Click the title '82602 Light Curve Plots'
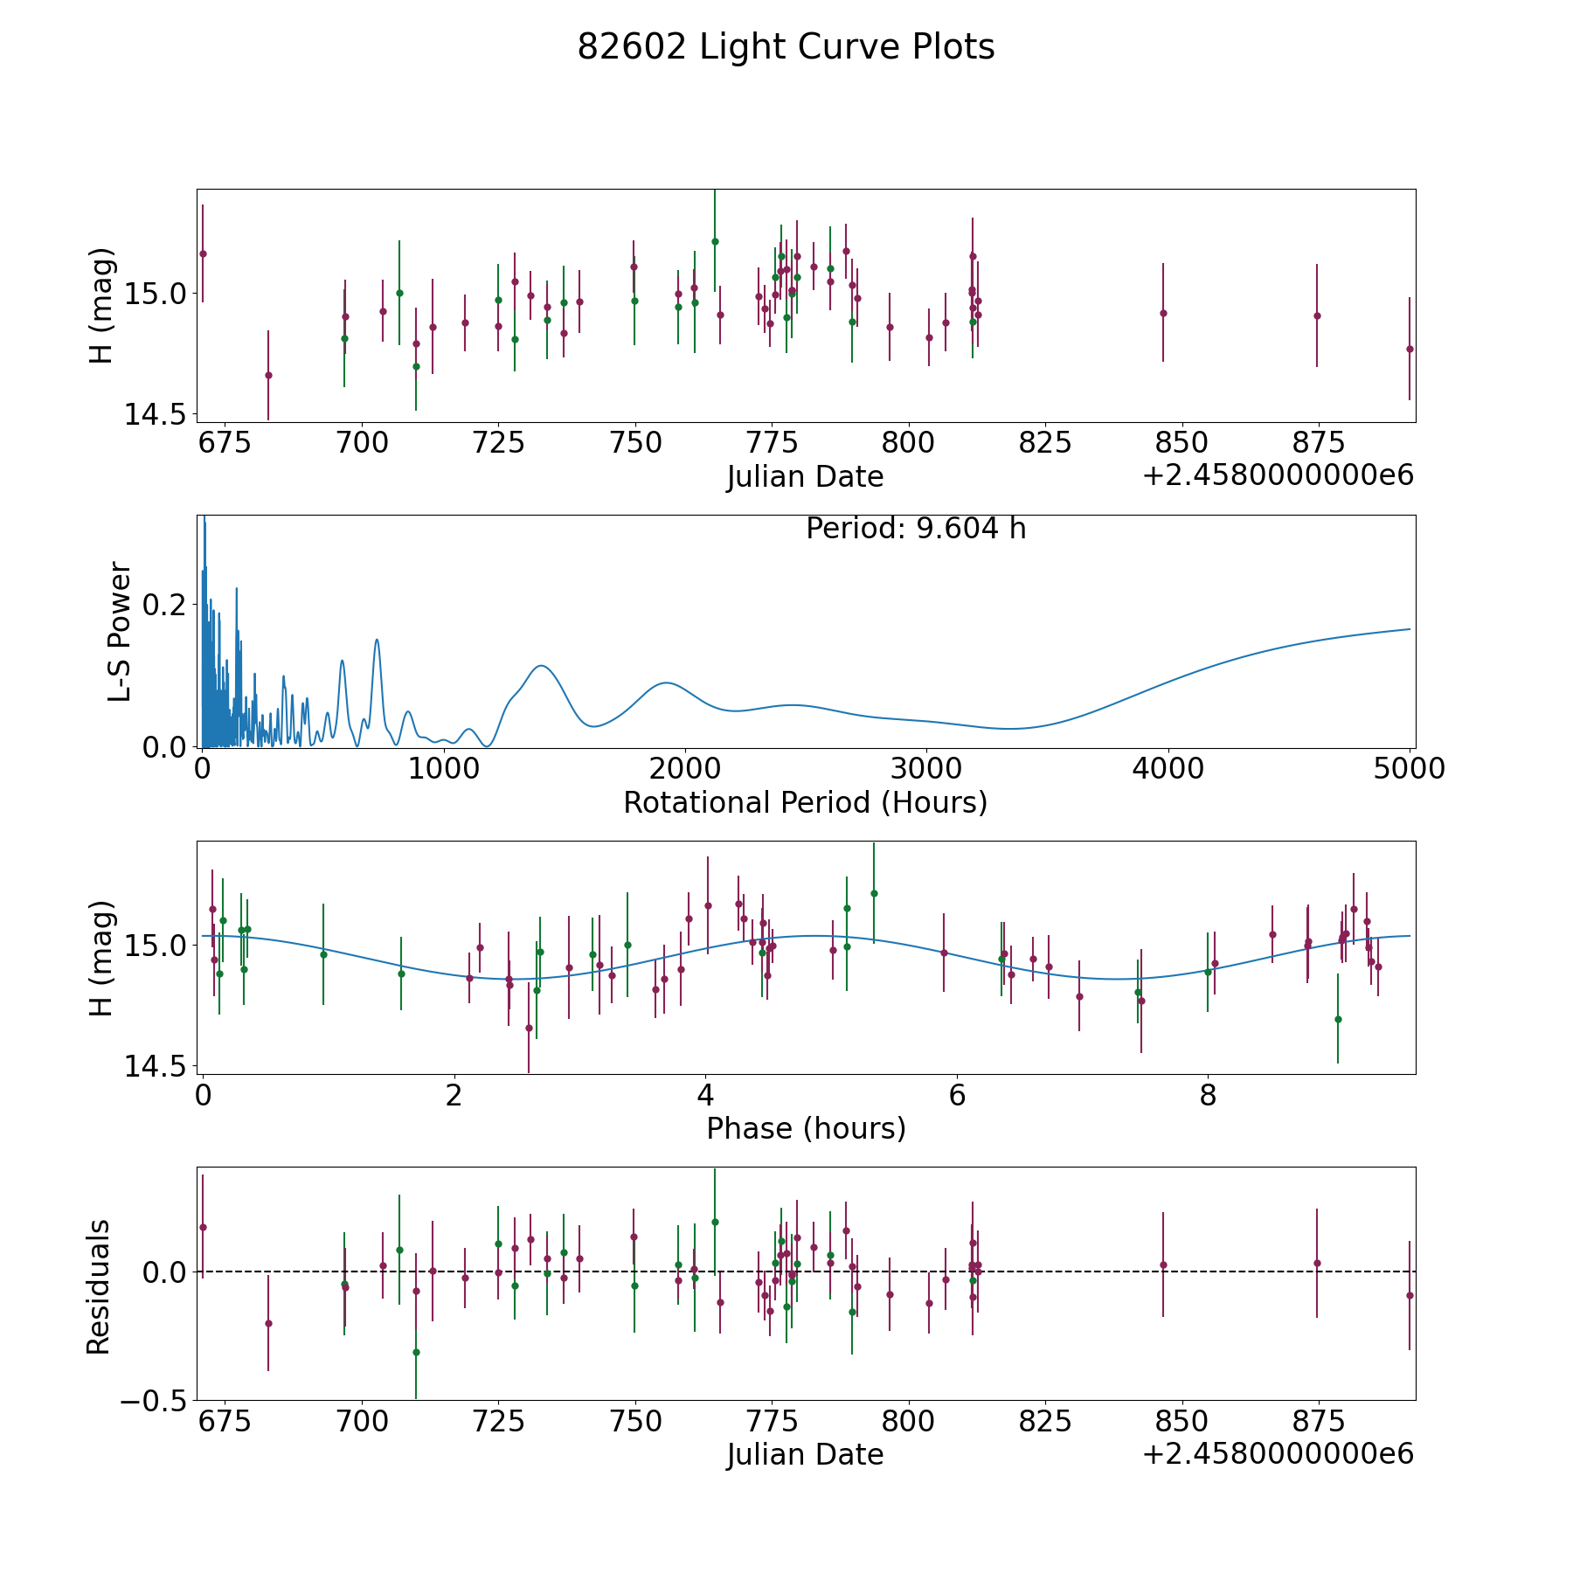pos(786,47)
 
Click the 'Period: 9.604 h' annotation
pos(916,529)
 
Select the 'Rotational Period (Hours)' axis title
pos(805,802)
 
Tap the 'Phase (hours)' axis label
pos(806,1128)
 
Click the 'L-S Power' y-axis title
pos(120,631)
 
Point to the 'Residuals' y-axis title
pos(98,1286)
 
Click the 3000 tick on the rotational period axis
pos(926,769)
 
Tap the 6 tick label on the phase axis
pos(957,1096)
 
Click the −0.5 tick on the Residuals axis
pos(156,1400)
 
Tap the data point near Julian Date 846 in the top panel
pos(1163,313)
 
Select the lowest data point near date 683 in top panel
pos(268,375)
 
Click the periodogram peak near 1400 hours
pos(542,666)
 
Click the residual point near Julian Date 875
pos(1316,1263)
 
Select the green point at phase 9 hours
pos(1337,1019)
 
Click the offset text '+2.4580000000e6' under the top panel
pos(1278,475)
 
